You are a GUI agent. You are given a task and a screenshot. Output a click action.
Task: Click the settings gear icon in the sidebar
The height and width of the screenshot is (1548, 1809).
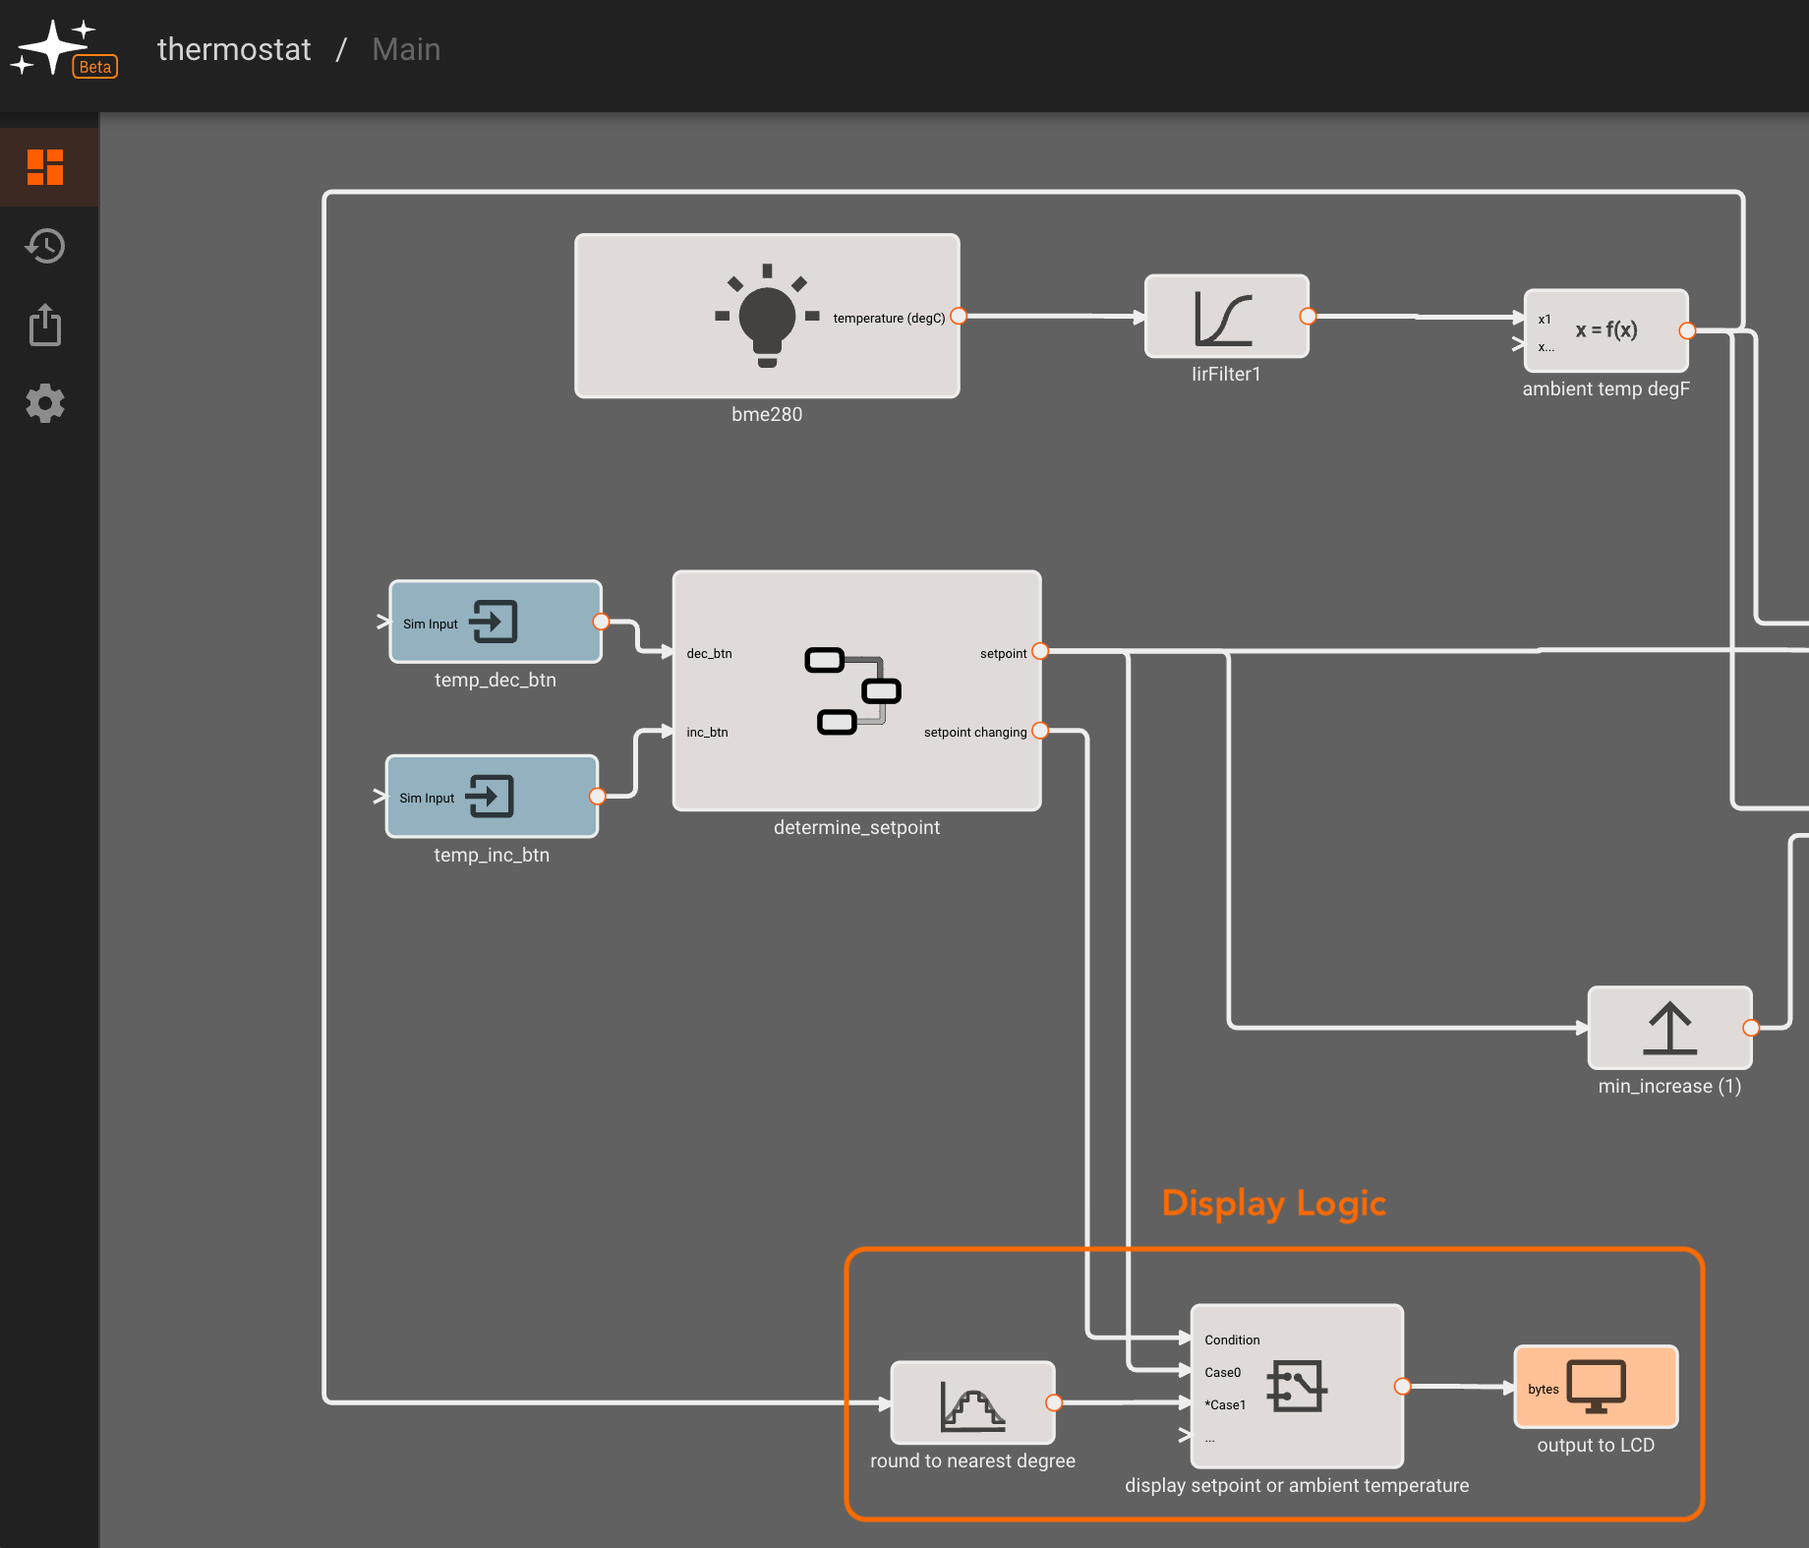point(45,403)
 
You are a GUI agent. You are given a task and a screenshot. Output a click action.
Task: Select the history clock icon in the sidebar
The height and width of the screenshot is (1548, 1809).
point(45,246)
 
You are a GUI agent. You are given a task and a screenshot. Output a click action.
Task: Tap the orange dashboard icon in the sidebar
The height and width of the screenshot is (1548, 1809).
point(45,167)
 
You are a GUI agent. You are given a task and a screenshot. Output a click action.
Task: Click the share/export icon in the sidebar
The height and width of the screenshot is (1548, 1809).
point(45,325)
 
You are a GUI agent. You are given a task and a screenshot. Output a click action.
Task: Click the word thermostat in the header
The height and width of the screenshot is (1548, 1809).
point(234,49)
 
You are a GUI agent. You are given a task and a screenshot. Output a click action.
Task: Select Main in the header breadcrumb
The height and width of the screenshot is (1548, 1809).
point(406,49)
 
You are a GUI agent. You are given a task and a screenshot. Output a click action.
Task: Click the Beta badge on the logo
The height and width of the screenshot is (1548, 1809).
point(95,67)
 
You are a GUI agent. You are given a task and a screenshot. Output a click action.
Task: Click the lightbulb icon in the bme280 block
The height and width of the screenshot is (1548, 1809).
point(767,316)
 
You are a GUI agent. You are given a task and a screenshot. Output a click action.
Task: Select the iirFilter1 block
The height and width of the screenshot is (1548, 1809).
point(1227,316)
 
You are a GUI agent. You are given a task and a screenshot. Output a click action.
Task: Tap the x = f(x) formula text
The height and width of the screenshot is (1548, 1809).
point(1606,329)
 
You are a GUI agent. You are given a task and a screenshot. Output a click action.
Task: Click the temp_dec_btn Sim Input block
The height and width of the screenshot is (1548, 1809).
point(496,622)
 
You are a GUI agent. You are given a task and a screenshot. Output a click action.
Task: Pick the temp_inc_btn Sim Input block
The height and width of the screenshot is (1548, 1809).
point(492,797)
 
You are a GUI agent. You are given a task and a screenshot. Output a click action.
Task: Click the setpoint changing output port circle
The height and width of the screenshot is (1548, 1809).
point(1040,731)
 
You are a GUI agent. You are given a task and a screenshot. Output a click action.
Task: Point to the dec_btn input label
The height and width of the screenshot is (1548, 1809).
point(709,653)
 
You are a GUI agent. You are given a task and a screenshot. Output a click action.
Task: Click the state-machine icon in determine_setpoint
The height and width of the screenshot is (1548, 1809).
point(852,690)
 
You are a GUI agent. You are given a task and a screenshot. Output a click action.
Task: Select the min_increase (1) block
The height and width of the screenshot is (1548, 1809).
point(1669,1028)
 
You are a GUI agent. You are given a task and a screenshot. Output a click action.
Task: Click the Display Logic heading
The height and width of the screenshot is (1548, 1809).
point(1274,1204)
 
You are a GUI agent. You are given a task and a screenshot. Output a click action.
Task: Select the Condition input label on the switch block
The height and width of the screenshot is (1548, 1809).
point(1232,1340)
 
